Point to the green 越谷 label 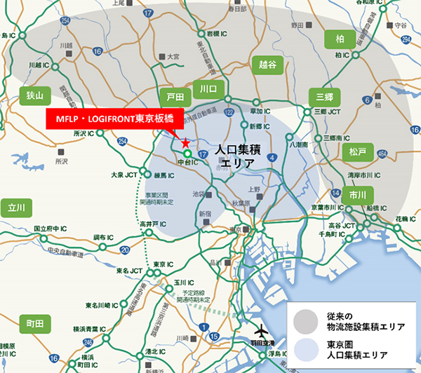(x=263, y=66)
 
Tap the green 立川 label (x=16, y=208)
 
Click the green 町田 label (x=34, y=323)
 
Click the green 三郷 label (x=323, y=96)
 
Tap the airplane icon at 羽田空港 (x=261, y=328)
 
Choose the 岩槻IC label (x=218, y=33)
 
